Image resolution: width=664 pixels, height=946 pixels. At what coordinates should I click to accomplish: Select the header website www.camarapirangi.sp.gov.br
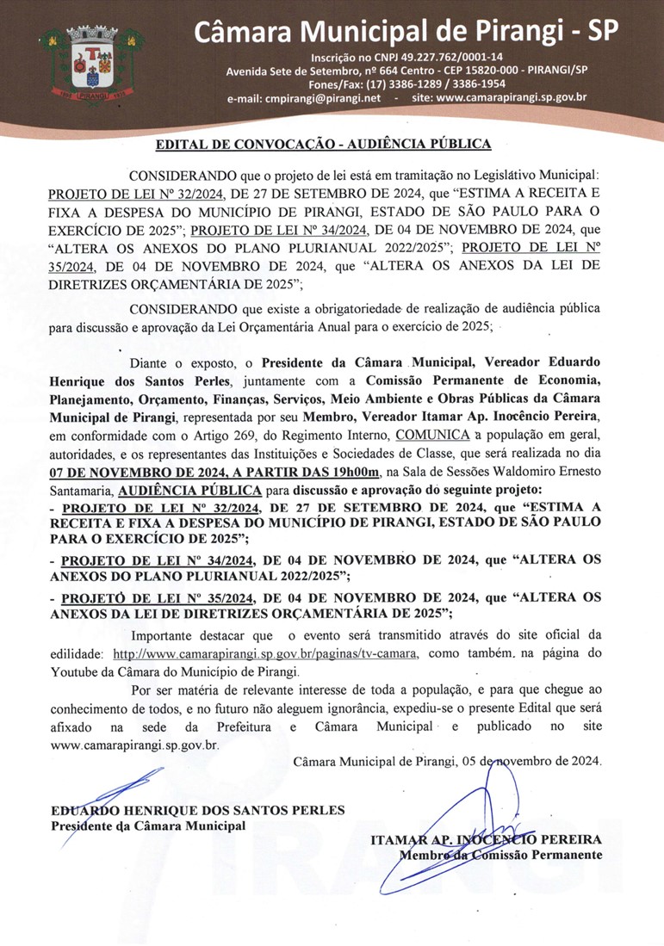click(x=512, y=98)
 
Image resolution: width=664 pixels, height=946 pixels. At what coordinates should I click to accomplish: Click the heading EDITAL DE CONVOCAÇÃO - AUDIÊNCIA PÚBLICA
click(x=323, y=144)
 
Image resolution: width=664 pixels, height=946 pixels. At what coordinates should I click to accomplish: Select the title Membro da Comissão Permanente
click(x=500, y=855)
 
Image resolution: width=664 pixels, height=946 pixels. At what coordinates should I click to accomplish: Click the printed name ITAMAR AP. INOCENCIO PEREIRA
click(x=486, y=839)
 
